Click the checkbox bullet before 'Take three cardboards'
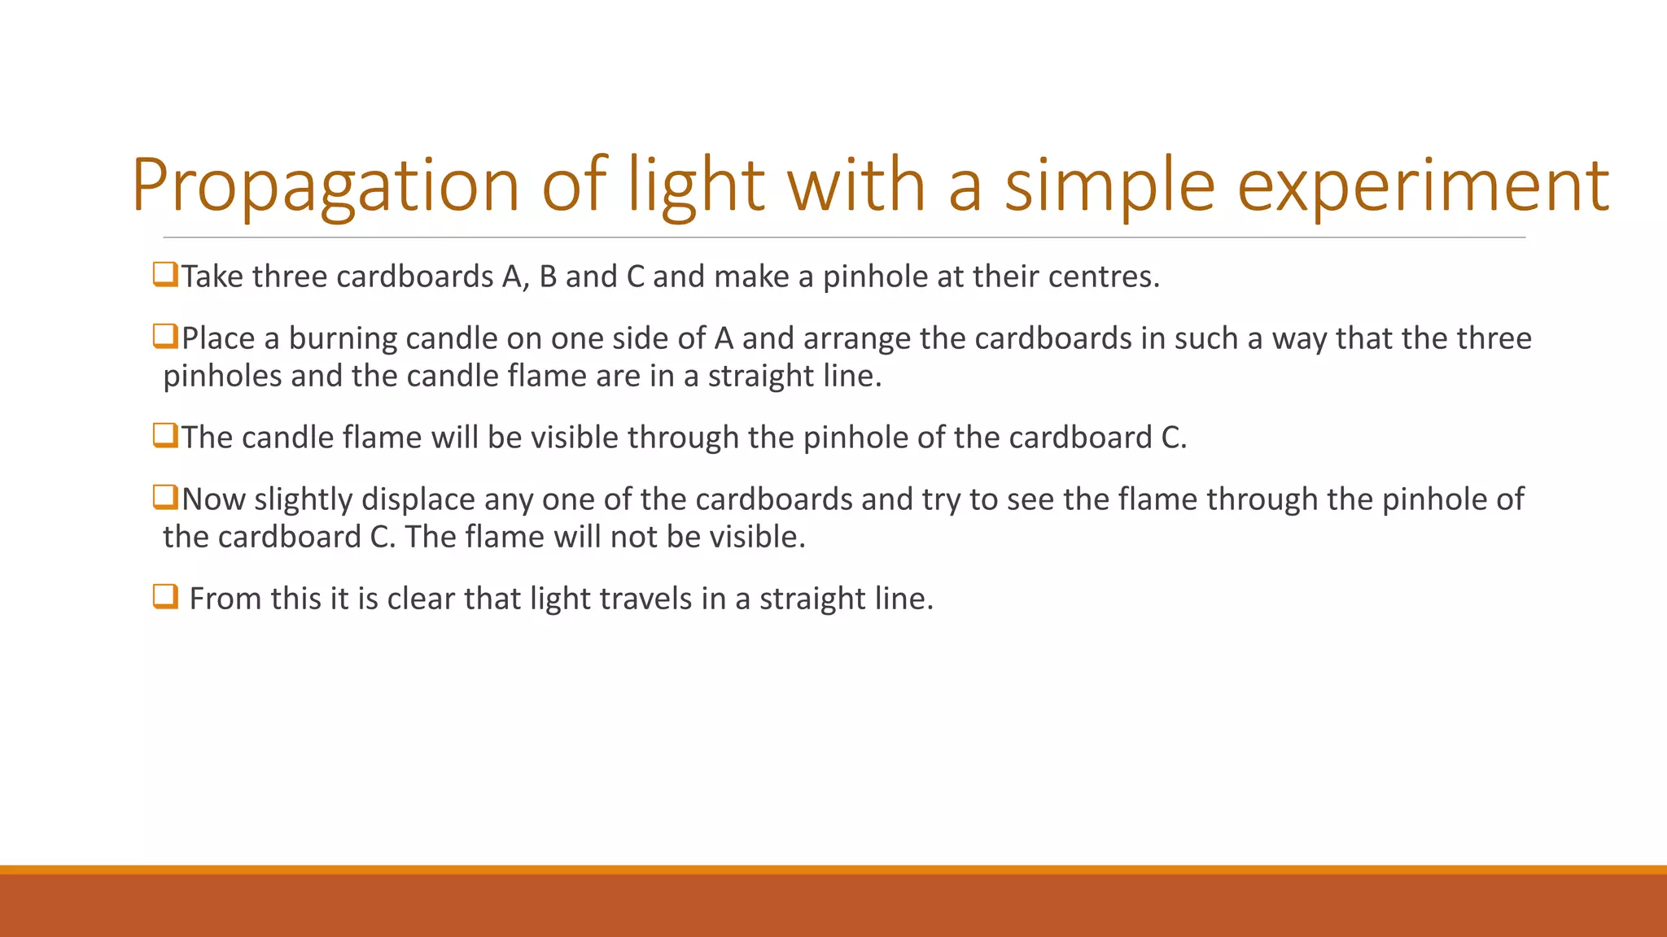pyautogui.click(x=165, y=275)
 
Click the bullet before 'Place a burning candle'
pyautogui.click(x=165, y=336)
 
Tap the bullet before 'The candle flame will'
pyautogui.click(x=165, y=435)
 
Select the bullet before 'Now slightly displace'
pyautogui.click(x=165, y=497)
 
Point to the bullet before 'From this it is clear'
pyautogui.click(x=165, y=597)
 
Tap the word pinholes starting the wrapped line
pyautogui.click(x=221, y=377)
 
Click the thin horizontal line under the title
pyautogui.click(x=844, y=238)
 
